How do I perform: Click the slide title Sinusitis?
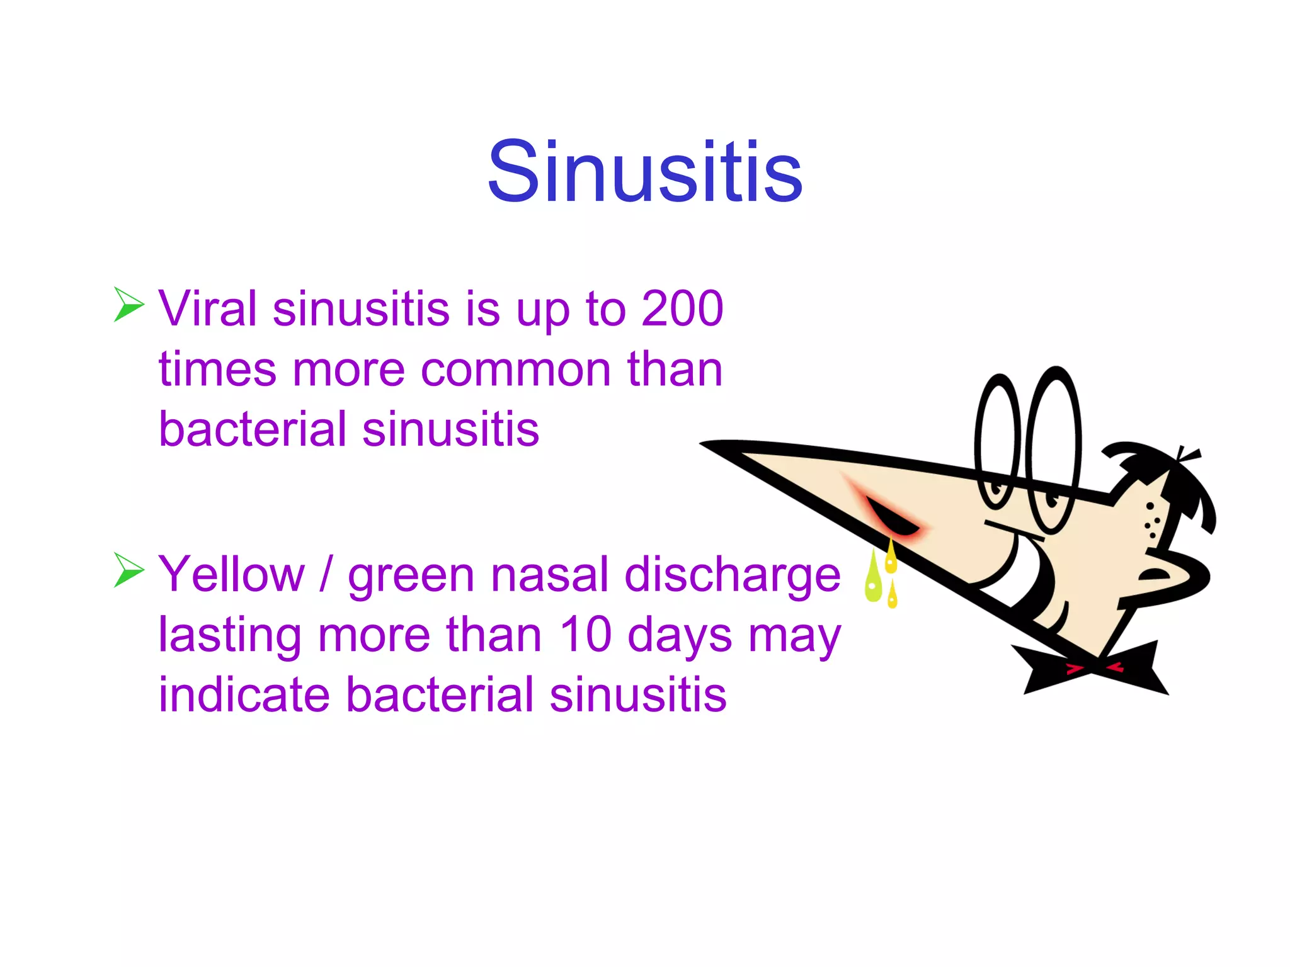click(644, 172)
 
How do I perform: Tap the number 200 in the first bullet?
click(682, 308)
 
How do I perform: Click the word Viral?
click(207, 308)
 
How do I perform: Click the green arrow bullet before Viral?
click(129, 304)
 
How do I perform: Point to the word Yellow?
click(231, 574)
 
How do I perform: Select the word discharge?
click(733, 574)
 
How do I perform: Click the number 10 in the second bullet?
click(585, 634)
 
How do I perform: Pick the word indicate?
click(244, 694)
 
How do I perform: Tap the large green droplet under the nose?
click(873, 579)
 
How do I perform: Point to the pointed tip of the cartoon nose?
click(709, 444)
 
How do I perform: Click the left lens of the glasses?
click(997, 441)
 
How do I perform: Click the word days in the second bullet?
click(680, 635)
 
